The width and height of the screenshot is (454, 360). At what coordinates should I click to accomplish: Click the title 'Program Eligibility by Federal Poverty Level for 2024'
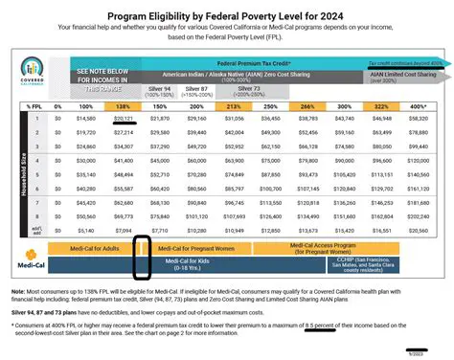[x=227, y=16]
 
